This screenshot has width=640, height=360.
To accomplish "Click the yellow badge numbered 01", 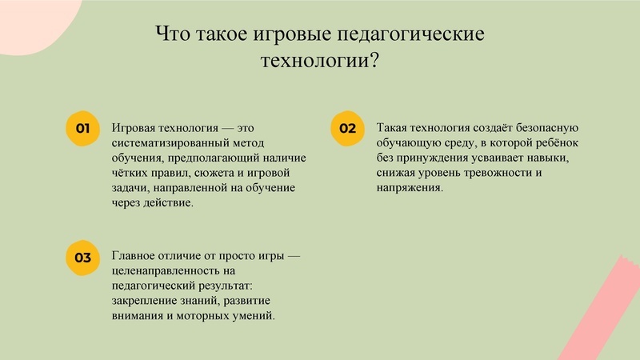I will (81, 129).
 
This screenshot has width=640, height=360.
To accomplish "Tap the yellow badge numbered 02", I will (346, 129).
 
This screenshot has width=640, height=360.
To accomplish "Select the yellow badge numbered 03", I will (81, 258).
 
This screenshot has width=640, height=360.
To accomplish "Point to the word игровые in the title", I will (296, 35).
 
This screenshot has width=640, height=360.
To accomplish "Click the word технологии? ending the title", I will (320, 61).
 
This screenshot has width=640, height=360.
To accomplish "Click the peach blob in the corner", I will (32, 20).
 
